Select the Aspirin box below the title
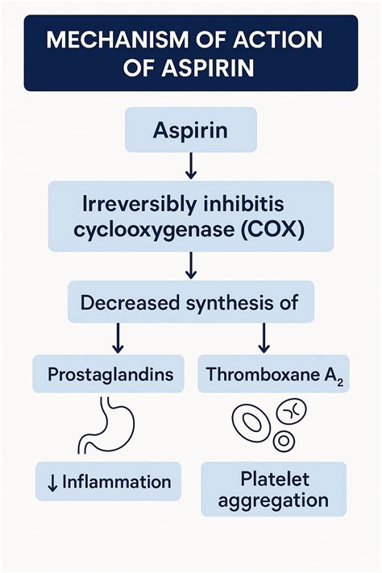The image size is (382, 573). click(x=191, y=129)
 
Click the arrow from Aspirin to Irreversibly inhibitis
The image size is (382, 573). click(x=191, y=166)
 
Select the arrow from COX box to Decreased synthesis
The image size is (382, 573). click(x=191, y=264)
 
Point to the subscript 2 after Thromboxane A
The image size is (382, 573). click(x=340, y=380)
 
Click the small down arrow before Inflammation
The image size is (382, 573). click(x=52, y=483)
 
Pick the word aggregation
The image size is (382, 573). click(x=273, y=500)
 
